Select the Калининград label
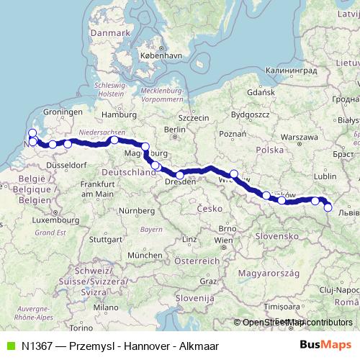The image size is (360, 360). click(x=287, y=71)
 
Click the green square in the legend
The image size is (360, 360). click(x=9, y=346)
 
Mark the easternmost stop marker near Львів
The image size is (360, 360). click(x=328, y=208)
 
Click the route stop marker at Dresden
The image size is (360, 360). click(x=180, y=175)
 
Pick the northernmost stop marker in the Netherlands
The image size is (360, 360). click(x=32, y=132)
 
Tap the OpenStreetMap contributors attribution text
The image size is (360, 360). click(x=294, y=323)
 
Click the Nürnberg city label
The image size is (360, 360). click(x=137, y=210)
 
